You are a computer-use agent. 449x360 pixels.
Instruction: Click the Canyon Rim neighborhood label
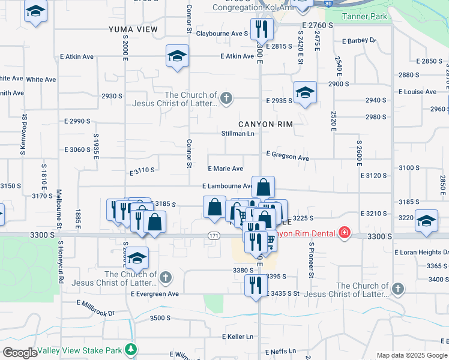point(265,124)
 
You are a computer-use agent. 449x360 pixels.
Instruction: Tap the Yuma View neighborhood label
point(133,29)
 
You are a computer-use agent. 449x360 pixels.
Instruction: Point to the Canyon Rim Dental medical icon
point(344,232)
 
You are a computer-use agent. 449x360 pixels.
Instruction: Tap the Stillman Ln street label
point(238,133)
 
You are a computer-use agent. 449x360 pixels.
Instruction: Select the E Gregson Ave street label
point(288,157)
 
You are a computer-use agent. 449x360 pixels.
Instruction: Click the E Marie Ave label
point(225,169)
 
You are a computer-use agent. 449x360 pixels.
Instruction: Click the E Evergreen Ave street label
point(155,294)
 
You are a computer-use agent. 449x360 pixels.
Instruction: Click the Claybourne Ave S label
point(221,34)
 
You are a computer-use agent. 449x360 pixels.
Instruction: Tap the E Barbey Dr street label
point(358,41)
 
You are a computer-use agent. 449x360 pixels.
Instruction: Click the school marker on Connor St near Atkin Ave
point(177,56)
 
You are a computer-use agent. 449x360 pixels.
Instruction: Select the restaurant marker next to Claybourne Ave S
point(262,28)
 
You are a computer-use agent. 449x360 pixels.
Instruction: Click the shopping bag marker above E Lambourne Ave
point(263,187)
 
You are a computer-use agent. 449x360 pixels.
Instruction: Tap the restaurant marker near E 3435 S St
point(256,284)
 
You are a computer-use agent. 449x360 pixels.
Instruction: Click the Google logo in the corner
point(19,353)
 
